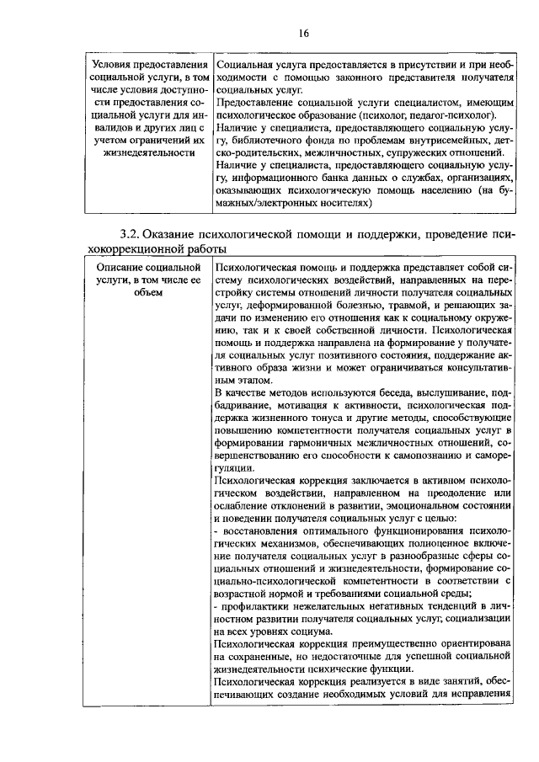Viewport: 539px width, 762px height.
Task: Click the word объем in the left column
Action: click(x=148, y=292)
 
